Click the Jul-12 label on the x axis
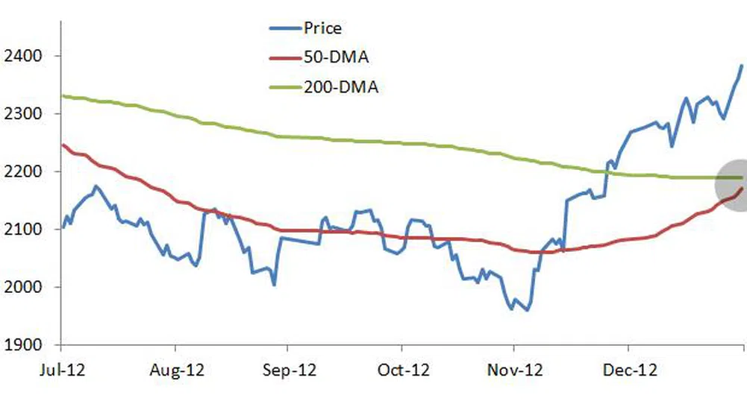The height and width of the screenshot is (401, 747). point(60,370)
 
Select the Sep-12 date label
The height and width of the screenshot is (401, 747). point(289,370)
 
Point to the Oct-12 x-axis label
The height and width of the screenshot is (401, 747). point(402,370)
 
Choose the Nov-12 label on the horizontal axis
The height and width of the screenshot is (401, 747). point(516,370)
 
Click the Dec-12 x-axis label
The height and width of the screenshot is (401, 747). point(630,370)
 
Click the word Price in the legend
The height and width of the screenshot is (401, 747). point(322,29)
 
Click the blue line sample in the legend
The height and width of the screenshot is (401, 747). point(284,29)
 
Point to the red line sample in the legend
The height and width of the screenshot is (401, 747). point(284,58)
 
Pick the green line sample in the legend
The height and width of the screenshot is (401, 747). point(284,87)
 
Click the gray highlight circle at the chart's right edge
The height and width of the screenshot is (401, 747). point(734,182)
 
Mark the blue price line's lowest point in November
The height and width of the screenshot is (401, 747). point(528,310)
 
